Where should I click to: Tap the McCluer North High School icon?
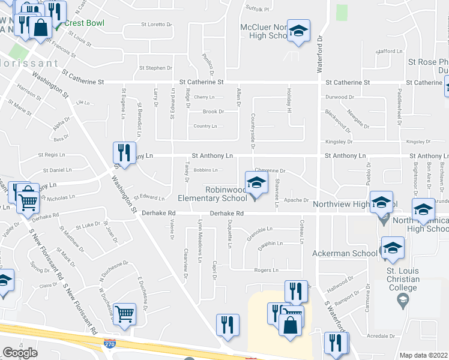pos(298,31)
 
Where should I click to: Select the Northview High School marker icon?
pos(381,203)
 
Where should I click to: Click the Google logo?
pos(20,353)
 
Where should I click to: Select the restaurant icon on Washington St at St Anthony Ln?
pos(124,152)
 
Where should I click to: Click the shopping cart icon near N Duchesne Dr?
pos(124,313)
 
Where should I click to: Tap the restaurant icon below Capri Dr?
pos(228,325)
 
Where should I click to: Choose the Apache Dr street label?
pos(296,200)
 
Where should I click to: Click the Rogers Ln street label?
pos(266,271)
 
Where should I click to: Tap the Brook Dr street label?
pos(213,112)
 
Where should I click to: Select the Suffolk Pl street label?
pos(258,9)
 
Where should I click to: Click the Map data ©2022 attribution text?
pos(424,355)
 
